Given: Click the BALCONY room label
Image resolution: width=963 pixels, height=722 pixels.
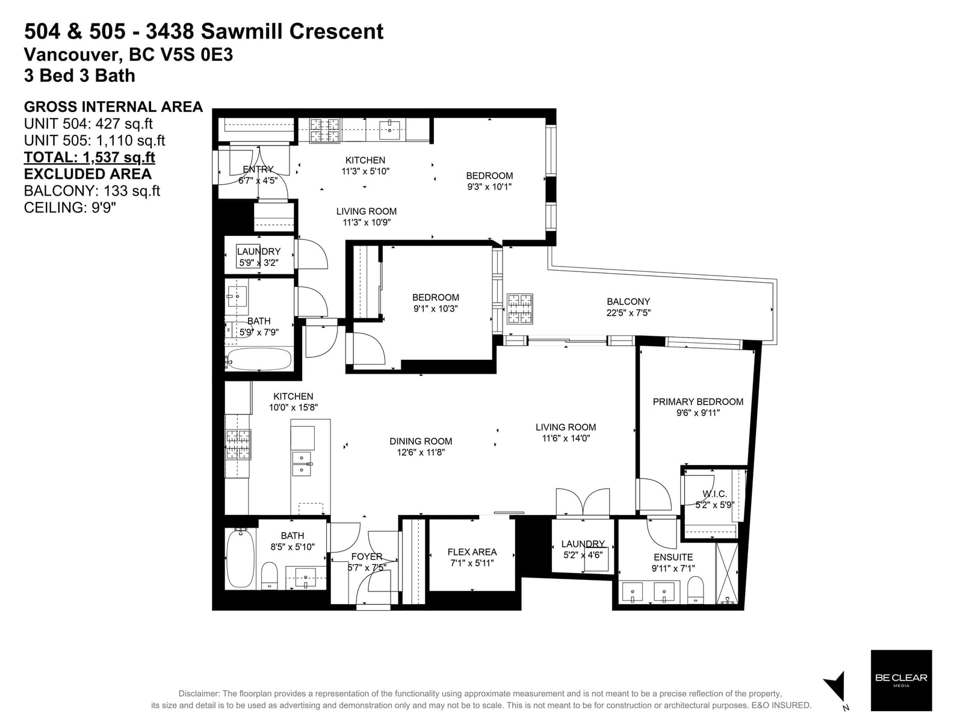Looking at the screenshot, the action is pyautogui.click(x=628, y=301).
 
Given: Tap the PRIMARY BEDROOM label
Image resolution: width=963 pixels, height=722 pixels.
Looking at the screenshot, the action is pyautogui.click(x=698, y=401).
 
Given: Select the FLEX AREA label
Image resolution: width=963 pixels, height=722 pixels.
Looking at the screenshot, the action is pyautogui.click(x=472, y=552).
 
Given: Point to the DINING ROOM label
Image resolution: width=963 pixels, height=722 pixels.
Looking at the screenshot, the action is pyautogui.click(x=420, y=441).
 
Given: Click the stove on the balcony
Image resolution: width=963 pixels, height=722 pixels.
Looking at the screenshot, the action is pyautogui.click(x=520, y=309).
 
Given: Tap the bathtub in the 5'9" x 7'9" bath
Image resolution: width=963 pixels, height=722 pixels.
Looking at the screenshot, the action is pyautogui.click(x=259, y=359).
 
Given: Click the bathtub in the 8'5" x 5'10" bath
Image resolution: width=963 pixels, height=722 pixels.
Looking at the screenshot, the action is pyautogui.click(x=240, y=558).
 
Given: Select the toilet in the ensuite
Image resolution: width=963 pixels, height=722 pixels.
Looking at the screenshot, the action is pyautogui.click(x=695, y=590).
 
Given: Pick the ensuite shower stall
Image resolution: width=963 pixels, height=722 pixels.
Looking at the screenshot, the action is pyautogui.click(x=726, y=573).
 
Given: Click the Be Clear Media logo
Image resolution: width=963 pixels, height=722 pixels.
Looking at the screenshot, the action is pyautogui.click(x=900, y=680).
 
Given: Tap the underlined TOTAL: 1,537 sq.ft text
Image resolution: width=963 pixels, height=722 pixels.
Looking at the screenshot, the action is pyautogui.click(x=90, y=157).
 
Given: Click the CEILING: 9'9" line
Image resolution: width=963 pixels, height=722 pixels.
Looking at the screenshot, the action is pyautogui.click(x=70, y=208).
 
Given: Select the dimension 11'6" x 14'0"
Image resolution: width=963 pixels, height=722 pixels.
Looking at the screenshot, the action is pyautogui.click(x=566, y=438).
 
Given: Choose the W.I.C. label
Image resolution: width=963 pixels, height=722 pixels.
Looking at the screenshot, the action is pyautogui.click(x=714, y=494).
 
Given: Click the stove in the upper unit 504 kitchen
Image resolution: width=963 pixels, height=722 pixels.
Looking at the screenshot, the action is pyautogui.click(x=324, y=131).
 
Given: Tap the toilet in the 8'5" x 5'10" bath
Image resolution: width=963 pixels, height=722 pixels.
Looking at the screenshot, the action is pyautogui.click(x=270, y=576).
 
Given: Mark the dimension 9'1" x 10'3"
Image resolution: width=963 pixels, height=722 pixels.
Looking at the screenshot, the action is pyautogui.click(x=435, y=309).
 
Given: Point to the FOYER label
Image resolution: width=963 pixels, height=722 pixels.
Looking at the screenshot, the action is pyautogui.click(x=367, y=557).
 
